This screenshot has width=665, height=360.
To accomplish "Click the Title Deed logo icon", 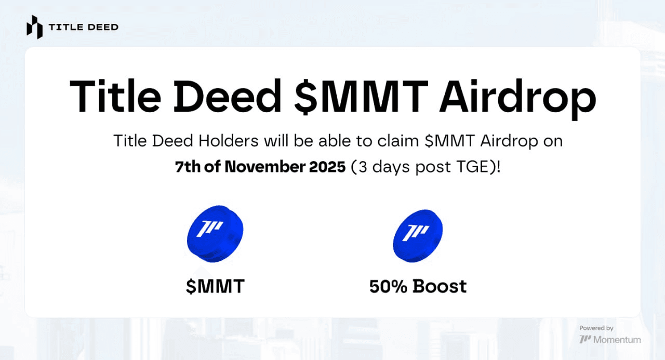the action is (34, 27).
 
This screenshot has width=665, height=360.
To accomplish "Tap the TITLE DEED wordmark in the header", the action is (84, 28).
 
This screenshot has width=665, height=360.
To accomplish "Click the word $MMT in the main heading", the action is (361, 97).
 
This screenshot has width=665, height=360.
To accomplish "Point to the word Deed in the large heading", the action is (228, 96).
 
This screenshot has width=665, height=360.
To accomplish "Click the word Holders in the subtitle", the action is (228, 140).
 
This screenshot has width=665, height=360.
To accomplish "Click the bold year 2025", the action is (327, 167).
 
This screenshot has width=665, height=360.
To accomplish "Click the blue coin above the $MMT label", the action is (215, 234).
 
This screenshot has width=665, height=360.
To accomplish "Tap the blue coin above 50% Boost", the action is (418, 236).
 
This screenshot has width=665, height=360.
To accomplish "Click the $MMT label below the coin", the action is (215, 286).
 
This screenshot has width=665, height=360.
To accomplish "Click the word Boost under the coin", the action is (440, 286).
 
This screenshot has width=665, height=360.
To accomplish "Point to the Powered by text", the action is (596, 328).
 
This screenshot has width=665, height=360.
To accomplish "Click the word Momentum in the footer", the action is (617, 340).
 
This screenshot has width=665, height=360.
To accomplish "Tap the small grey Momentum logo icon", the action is (585, 340).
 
